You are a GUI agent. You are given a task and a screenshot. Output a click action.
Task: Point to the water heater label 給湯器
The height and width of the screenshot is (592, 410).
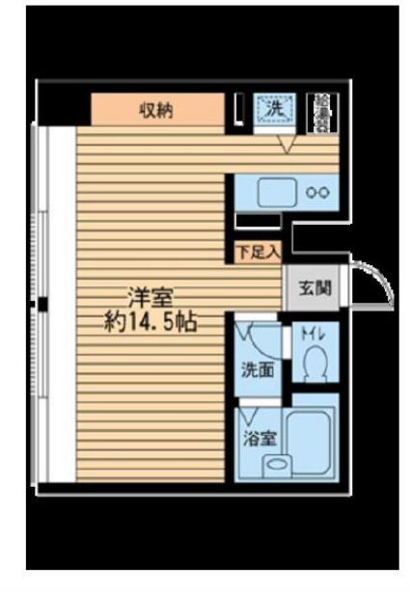[319, 112]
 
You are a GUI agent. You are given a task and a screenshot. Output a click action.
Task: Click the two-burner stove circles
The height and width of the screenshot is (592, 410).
[317, 192]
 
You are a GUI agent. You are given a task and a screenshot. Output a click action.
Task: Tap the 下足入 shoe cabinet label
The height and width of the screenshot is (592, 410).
[258, 253]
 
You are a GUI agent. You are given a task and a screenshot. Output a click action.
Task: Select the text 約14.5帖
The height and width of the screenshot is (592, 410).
[151, 321]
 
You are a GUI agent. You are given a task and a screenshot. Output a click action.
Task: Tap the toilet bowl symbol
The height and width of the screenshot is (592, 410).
[314, 364]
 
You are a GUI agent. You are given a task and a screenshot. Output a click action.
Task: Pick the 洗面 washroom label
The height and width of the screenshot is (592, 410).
[256, 367]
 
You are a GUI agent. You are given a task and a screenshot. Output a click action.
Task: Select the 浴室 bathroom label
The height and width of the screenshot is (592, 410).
[260, 437]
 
